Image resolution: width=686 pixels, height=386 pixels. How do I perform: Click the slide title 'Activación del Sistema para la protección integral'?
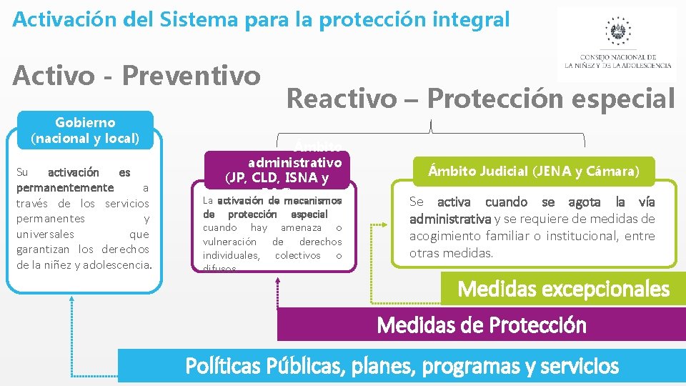click(261, 19)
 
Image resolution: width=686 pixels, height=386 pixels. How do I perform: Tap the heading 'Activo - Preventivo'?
click(136, 74)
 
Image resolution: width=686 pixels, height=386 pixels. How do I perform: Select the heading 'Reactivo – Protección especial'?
click(480, 99)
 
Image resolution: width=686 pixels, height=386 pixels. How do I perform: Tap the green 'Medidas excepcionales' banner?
click(563, 289)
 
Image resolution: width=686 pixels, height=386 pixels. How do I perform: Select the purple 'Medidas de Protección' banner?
click(481, 325)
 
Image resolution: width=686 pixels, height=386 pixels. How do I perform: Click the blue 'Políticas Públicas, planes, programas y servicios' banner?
click(402, 367)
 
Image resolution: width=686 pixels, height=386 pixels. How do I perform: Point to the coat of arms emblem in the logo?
click(617, 31)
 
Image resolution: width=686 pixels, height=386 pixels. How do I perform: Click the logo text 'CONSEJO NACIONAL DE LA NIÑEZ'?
click(617, 61)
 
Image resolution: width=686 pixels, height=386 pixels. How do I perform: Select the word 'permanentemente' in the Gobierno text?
click(64, 188)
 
